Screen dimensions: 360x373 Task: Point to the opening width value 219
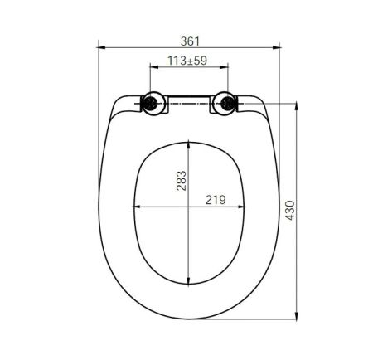(x=216, y=198)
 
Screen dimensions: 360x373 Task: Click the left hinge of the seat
(x=150, y=104)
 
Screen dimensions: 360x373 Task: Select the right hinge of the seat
(x=225, y=104)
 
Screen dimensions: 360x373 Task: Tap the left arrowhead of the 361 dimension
(x=101, y=47)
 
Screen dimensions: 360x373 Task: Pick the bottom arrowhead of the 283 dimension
(x=191, y=281)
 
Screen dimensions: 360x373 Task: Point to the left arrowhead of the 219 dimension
(x=135, y=206)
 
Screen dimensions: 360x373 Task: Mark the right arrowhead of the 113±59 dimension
(x=225, y=68)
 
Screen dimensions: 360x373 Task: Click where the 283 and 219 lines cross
(x=191, y=206)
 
